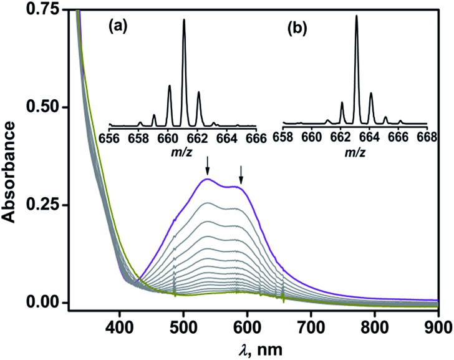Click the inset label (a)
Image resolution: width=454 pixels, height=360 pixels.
(x=118, y=27)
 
